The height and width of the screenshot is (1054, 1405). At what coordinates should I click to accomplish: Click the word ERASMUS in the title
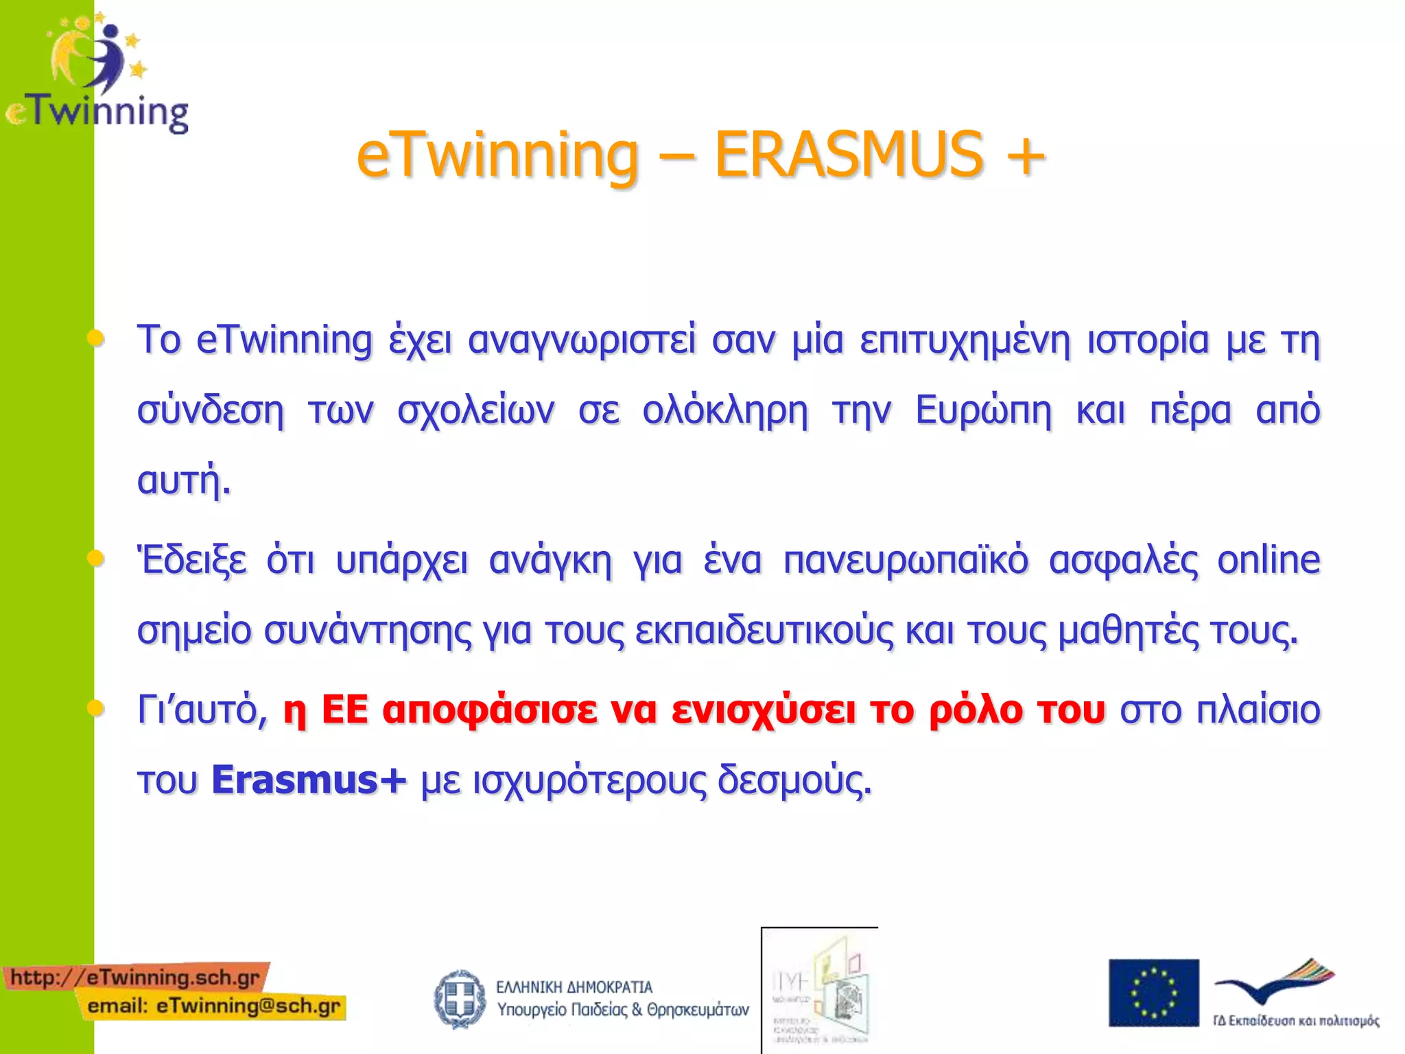coord(849,155)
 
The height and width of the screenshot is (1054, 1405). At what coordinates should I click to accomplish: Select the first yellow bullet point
coord(96,338)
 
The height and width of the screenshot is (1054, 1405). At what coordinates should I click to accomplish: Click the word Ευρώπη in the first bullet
coord(983,410)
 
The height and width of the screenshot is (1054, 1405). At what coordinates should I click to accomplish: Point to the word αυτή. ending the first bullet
coord(184,480)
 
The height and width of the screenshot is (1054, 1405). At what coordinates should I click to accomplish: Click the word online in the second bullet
coord(1268,560)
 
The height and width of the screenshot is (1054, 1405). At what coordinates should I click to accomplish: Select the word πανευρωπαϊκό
coord(906,560)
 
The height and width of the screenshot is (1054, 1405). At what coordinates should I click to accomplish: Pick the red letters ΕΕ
coord(345,710)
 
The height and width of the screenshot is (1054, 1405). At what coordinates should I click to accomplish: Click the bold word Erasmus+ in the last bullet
coord(309,780)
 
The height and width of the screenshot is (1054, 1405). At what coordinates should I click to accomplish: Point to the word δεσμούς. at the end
coord(794,780)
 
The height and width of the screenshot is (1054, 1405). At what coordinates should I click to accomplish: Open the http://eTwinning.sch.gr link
coord(135,976)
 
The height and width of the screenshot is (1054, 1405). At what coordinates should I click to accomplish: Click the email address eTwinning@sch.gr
coord(248,1006)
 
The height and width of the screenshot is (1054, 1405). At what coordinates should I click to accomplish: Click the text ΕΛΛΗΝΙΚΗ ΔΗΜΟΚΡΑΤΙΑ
coord(574,987)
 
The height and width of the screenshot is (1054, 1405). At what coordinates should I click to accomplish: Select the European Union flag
coord(1153,992)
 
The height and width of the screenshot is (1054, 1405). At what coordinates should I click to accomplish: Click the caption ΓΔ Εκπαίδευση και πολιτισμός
coord(1295,1020)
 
